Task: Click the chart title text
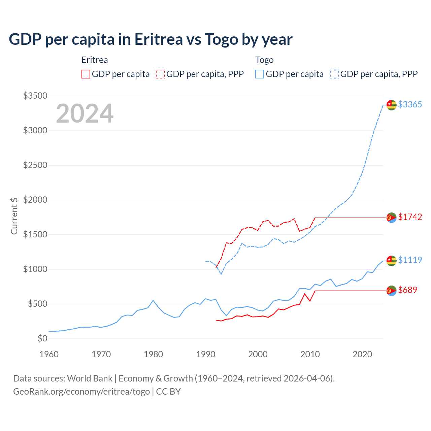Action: tap(151, 39)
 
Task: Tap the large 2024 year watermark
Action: tap(85, 113)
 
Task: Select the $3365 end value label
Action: tap(410, 104)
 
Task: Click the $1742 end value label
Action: tap(410, 217)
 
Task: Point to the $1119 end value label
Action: tap(410, 260)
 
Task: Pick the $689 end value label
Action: tap(407, 290)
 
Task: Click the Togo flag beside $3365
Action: tap(391, 105)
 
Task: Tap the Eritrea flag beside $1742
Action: tap(391, 218)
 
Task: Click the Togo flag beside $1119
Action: tap(391, 261)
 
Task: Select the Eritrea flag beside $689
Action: tap(391, 291)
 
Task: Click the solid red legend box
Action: tap(86, 74)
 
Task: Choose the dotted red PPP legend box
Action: tap(161, 74)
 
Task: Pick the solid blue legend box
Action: tap(260, 74)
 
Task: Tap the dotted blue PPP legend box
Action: tap(334, 74)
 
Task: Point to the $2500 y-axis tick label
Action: tap(35, 165)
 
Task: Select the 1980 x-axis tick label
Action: tap(154, 354)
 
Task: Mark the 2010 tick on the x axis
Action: tap(310, 354)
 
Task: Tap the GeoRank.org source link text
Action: tap(81, 392)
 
